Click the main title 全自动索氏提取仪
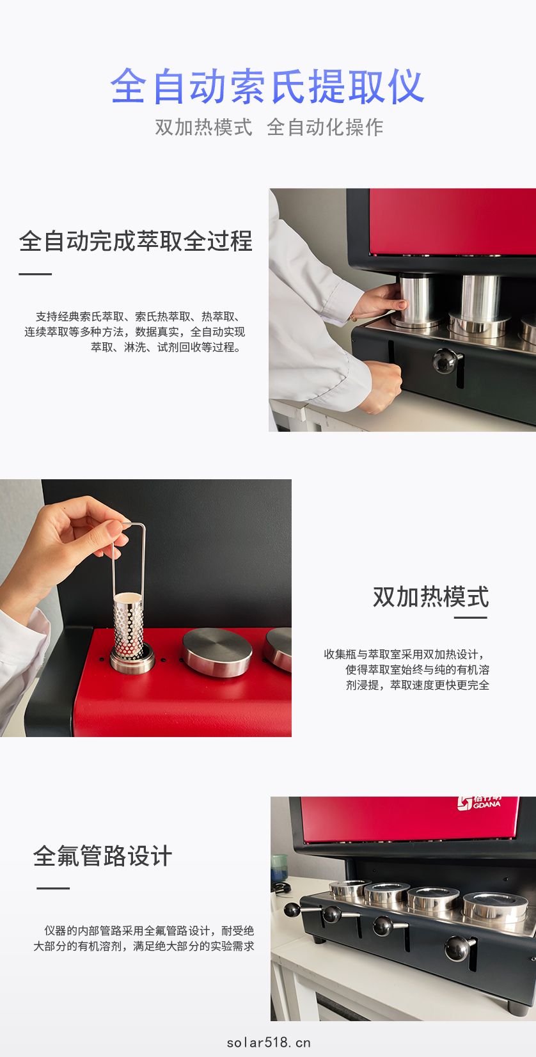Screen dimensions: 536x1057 (267, 86)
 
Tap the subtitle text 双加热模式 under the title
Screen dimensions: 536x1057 (204, 127)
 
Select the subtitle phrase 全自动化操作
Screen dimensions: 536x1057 (325, 127)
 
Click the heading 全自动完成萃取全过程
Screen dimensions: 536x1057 (136, 241)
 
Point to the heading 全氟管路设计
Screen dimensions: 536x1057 (102, 856)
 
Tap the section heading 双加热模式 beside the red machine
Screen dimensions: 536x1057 (430, 597)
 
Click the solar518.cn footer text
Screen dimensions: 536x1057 (269, 1042)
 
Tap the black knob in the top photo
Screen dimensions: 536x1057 (445, 361)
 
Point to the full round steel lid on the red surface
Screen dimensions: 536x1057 (217, 653)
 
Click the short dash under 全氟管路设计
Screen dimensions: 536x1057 (53, 888)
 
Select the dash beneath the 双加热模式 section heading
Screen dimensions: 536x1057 (470, 617)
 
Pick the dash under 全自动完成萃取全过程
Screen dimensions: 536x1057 (35, 274)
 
